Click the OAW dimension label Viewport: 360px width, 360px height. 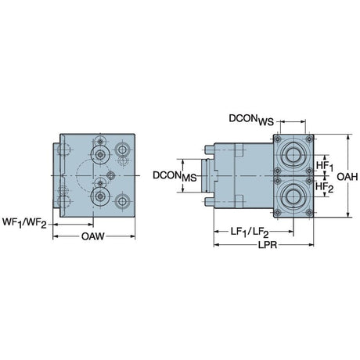coord(92,236)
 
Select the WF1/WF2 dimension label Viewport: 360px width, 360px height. coord(24,223)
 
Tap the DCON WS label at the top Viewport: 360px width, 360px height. coord(251,120)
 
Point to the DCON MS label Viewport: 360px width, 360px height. coord(175,176)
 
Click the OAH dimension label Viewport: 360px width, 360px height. coord(347,177)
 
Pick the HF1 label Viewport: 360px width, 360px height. coord(325,166)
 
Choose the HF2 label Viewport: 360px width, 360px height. coord(325,187)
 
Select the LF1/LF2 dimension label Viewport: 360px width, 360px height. coord(250,232)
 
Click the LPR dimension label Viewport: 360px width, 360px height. coord(268,245)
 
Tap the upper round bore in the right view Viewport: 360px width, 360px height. coord(293,155)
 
